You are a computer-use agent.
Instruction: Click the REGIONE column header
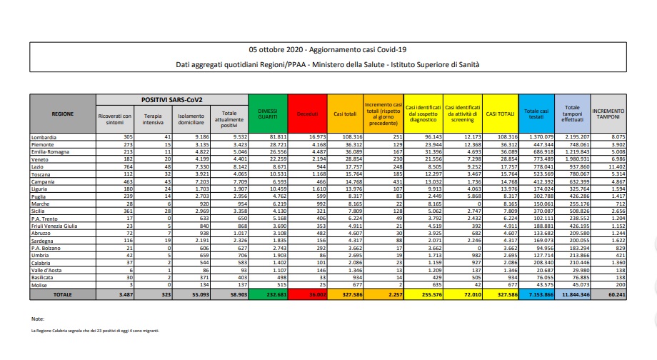62,114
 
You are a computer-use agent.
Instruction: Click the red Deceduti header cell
308,114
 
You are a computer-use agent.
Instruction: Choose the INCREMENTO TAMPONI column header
608,114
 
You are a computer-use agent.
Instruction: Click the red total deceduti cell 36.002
308,294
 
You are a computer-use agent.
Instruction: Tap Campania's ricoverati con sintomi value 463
125,181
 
